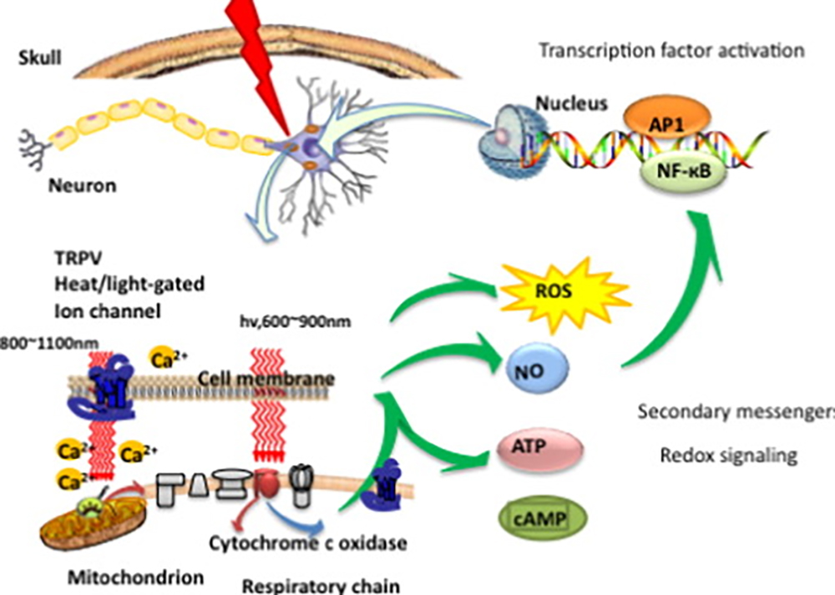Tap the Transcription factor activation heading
(x=671, y=51)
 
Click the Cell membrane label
(x=266, y=380)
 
